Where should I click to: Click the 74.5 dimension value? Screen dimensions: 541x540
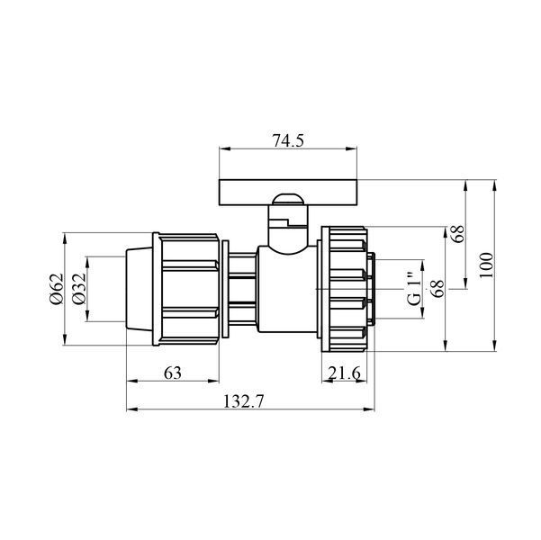(x=288, y=140)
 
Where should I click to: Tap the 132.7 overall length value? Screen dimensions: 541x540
(x=244, y=401)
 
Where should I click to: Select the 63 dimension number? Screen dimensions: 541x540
(x=173, y=373)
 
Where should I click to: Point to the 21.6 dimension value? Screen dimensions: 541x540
(x=344, y=373)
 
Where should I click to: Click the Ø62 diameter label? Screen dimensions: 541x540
(x=57, y=289)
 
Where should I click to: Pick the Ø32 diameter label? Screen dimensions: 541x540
(x=79, y=289)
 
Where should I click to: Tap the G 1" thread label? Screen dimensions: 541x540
(x=414, y=289)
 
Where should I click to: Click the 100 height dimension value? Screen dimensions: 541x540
(x=486, y=265)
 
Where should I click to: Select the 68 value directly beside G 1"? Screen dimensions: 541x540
(x=437, y=289)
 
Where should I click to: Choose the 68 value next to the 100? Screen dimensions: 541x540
(x=458, y=234)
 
